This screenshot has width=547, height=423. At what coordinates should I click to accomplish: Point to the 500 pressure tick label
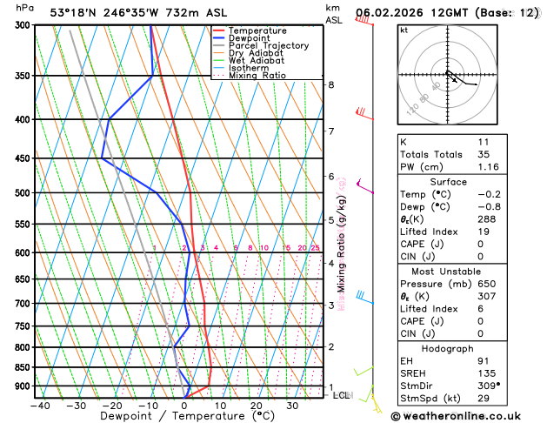[x=23, y=193]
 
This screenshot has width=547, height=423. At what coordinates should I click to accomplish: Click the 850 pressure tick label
[x=23, y=367]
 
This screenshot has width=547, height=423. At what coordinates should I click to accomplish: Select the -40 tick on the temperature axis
[x=39, y=406]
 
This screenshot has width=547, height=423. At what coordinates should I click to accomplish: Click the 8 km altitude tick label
[x=330, y=84]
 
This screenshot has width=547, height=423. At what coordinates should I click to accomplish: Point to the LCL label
[x=342, y=395]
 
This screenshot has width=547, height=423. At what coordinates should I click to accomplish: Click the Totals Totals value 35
[x=484, y=154]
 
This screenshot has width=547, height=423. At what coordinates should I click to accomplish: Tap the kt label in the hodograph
[x=404, y=30]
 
